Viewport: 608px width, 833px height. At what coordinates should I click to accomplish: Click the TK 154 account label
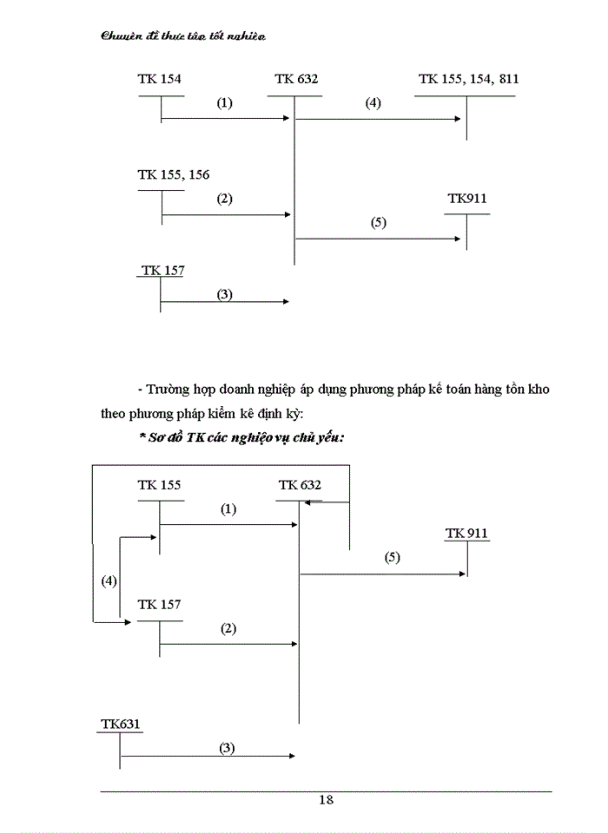point(159,79)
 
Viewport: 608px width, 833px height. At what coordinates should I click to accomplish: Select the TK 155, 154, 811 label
point(468,79)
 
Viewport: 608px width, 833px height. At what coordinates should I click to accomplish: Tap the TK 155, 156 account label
point(173,174)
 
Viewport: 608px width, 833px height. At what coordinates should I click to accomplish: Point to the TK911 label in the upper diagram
point(467,199)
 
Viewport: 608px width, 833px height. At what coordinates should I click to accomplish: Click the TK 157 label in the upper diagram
point(162,271)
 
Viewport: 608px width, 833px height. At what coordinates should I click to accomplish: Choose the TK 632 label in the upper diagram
point(296,79)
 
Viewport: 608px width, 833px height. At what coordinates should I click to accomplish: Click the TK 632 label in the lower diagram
point(300,485)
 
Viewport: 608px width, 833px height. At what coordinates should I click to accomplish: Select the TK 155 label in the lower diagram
point(159,485)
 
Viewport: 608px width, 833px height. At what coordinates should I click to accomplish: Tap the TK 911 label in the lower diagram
point(466,532)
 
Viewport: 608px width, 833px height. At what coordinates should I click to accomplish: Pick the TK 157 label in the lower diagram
point(159,604)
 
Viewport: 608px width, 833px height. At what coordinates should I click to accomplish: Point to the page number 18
point(326,800)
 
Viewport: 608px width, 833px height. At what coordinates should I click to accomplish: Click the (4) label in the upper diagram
point(373,103)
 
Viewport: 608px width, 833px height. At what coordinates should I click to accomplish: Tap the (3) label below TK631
point(227,747)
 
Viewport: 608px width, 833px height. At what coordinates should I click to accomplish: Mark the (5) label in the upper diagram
point(378,222)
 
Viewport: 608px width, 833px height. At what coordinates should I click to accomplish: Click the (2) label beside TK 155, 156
point(225,199)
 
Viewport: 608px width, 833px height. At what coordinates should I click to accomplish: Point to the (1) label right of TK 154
point(225,103)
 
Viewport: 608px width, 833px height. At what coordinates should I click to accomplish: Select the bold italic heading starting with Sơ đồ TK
point(241,438)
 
